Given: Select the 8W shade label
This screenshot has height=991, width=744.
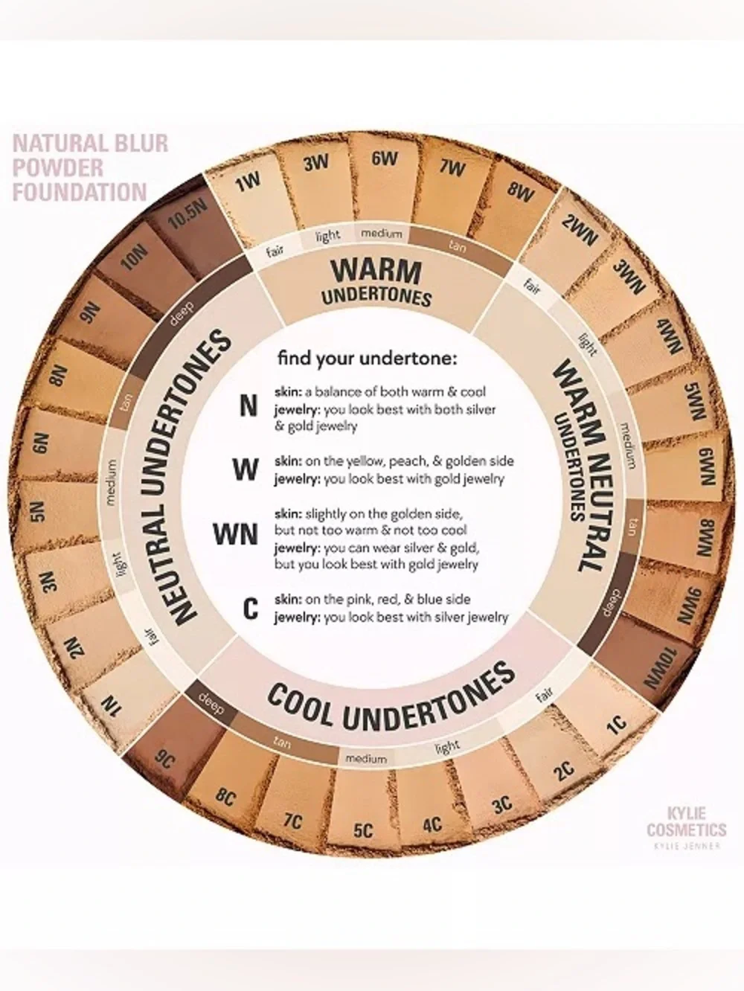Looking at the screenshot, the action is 520,193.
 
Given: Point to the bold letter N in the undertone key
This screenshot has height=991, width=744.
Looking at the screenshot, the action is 248,407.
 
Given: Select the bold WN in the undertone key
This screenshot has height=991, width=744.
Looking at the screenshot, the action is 236,535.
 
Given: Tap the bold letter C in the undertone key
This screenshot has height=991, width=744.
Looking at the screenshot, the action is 250,609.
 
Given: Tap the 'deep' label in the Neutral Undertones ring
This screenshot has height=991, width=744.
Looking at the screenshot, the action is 182,314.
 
